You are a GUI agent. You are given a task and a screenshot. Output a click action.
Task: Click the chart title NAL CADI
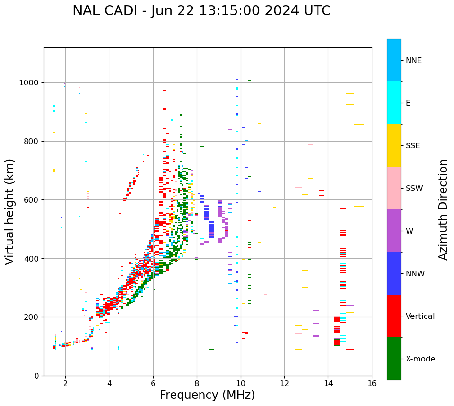[x=201, y=11]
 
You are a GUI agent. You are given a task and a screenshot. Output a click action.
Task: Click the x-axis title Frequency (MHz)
[x=207, y=395]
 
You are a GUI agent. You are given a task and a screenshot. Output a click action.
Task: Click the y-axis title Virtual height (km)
[x=10, y=211]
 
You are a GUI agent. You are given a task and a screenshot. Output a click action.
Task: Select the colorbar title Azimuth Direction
[x=443, y=209]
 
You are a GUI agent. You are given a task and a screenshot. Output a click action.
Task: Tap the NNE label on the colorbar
[x=413, y=61]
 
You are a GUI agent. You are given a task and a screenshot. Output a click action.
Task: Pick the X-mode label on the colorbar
[x=420, y=359]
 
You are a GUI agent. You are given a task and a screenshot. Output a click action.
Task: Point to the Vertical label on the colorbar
[x=420, y=316]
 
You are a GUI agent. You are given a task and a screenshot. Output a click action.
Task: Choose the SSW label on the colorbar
[x=414, y=189]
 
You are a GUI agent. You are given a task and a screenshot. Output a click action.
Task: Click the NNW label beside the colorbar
[x=415, y=274]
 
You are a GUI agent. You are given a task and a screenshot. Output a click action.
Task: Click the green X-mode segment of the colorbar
[x=394, y=359]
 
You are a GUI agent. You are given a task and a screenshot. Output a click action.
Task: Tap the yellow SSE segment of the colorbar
[x=394, y=145]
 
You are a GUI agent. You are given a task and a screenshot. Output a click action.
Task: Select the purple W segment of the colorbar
[x=394, y=231]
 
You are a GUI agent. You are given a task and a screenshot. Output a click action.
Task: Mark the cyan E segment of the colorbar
[x=394, y=103]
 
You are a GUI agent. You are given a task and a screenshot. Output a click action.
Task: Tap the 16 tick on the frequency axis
[x=372, y=383]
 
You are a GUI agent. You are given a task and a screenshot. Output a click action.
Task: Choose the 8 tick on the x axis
[x=197, y=383]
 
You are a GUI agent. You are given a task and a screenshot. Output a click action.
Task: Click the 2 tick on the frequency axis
[x=65, y=383]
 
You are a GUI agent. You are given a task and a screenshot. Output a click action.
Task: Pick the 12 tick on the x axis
[x=284, y=383]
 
